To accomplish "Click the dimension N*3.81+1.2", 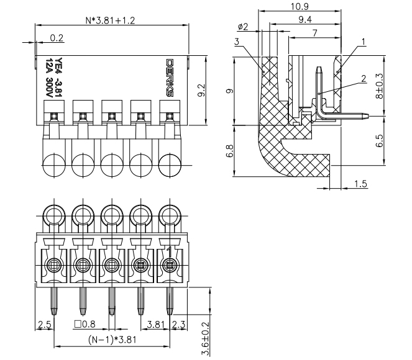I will pyautogui.click(x=110, y=20).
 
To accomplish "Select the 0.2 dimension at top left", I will pyautogui.click(x=56, y=38).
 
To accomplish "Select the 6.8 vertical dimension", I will pyautogui.click(x=230, y=151).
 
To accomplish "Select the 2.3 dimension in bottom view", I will pyautogui.click(x=177, y=323).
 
